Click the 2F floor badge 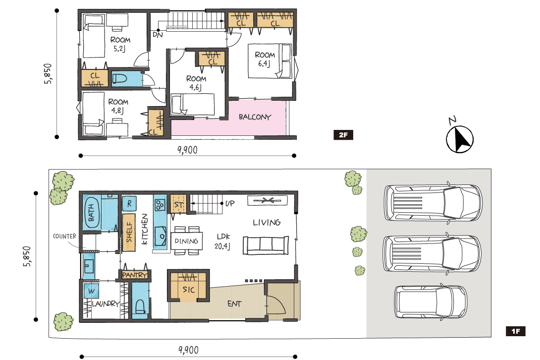343,135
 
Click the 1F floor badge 516,331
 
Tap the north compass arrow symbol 460,139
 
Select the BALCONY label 255,117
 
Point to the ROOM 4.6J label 196,83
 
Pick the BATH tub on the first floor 91,212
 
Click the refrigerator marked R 129,203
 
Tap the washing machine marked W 91,291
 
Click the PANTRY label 135,275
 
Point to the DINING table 187,240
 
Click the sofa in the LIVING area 266,245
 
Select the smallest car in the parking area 431,302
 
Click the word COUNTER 64,236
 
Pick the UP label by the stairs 230,203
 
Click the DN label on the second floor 158,35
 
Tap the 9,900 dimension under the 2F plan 187,150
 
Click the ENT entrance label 234,304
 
